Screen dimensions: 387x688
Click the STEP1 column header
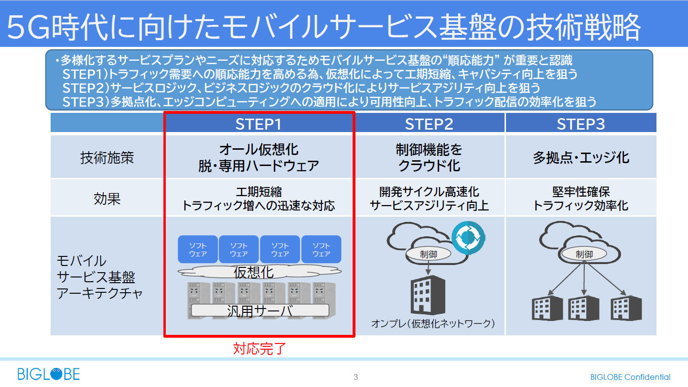[x=258, y=124]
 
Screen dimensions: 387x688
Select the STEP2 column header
[x=429, y=124]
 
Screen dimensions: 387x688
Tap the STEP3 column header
[x=580, y=124]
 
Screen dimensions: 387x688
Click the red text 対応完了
[x=259, y=348]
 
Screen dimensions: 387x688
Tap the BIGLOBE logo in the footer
[x=49, y=374]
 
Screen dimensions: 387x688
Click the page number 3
[x=355, y=377]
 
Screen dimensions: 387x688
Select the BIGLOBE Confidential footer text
[x=630, y=377]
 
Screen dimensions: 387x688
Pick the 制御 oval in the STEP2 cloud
[x=429, y=254]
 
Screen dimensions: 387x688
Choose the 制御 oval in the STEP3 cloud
[x=584, y=254]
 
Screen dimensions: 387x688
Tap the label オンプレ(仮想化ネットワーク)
[x=433, y=324]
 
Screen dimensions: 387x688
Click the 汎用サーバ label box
[x=260, y=311]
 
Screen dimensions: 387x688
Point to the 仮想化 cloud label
[x=254, y=272]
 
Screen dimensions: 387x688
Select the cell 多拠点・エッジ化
[x=581, y=157]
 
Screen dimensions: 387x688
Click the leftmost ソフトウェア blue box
[x=198, y=249]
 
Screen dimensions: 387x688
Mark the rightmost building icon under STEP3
[x=626, y=308]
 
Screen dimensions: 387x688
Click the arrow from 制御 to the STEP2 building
[x=429, y=269]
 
